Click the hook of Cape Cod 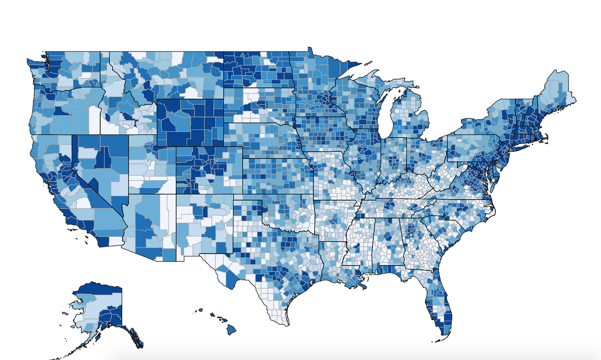click(547, 136)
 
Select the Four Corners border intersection click(176, 193)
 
